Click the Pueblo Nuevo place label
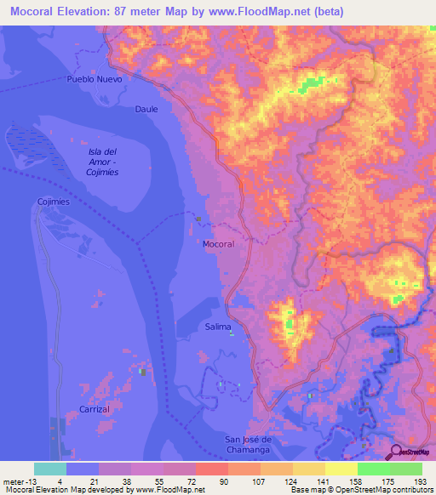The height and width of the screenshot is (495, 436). [x=95, y=78]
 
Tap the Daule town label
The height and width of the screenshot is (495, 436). [x=146, y=109]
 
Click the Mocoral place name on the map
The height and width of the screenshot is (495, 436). [x=218, y=244]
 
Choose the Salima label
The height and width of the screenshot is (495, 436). [x=218, y=327]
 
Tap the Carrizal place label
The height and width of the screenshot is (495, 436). [x=95, y=409]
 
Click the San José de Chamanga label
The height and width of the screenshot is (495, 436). [x=254, y=443]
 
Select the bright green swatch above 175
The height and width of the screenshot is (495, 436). [x=374, y=469]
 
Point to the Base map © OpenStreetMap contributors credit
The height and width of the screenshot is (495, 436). [x=361, y=490]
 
